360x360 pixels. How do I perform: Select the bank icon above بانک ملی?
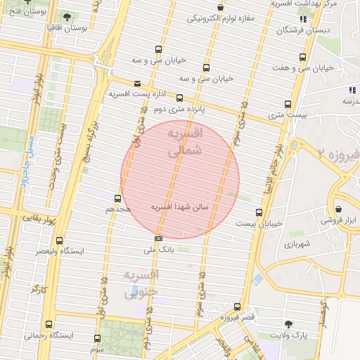(158, 239)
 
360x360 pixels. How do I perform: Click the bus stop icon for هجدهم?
(117, 199)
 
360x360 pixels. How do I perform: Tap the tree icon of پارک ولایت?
(288, 324)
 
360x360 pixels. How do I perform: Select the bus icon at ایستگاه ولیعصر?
(59, 240)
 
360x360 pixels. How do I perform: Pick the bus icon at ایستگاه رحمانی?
(49, 325)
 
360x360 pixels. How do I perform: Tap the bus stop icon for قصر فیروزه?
(237, 307)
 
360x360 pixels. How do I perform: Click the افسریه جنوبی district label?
(141, 283)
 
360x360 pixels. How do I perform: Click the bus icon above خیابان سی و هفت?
(302, 57)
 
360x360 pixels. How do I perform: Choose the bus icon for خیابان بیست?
(259, 212)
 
